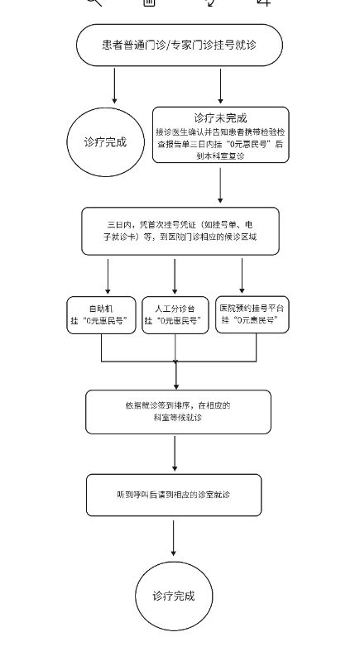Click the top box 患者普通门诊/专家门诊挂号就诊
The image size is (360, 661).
(x=179, y=45)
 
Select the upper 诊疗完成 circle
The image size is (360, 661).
(x=106, y=141)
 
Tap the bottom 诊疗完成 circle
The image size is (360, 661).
(x=174, y=596)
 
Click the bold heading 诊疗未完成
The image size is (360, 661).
(x=220, y=117)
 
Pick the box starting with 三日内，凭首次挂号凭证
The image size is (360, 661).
(x=180, y=231)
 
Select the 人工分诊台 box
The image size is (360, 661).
(x=175, y=314)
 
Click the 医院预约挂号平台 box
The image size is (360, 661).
(x=252, y=314)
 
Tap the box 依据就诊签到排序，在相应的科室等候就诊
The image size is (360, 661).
(x=178, y=412)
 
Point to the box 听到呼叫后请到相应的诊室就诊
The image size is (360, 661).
(x=174, y=495)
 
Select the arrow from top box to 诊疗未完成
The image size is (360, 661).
(x=220, y=86)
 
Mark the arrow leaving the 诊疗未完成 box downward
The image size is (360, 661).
(x=220, y=186)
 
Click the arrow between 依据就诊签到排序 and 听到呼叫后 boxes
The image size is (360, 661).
(x=175, y=454)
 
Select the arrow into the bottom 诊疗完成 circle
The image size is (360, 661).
(x=174, y=537)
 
